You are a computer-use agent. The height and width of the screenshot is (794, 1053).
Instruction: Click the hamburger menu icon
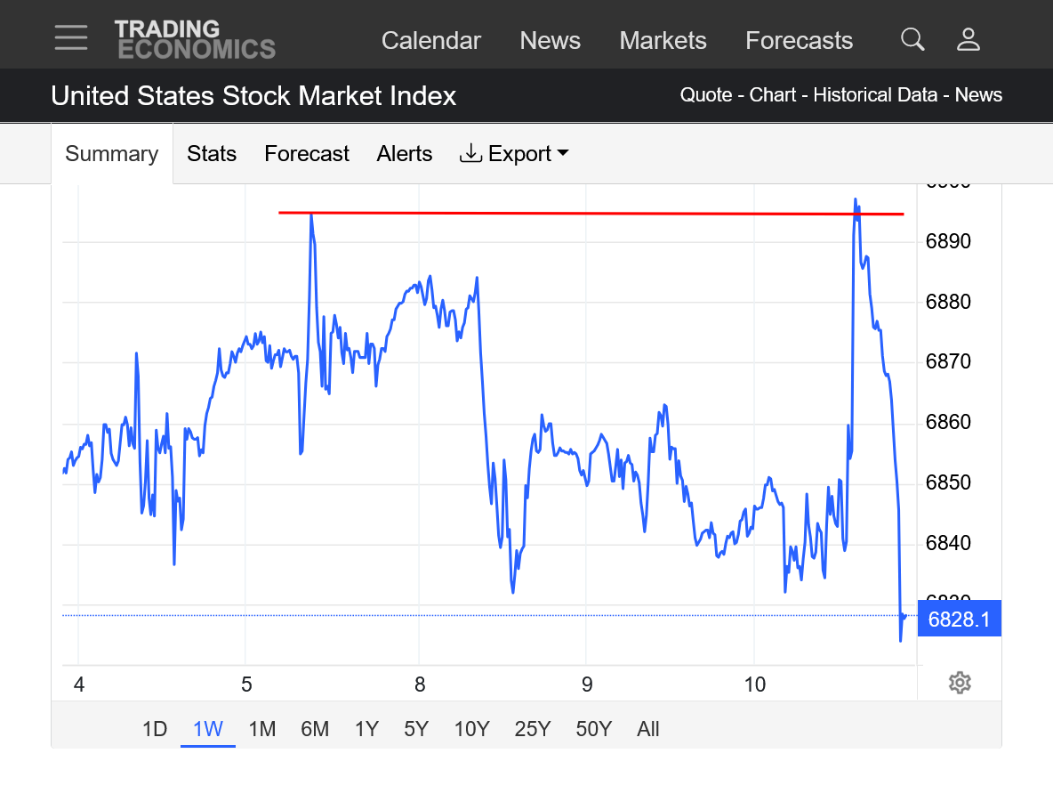[x=70, y=37]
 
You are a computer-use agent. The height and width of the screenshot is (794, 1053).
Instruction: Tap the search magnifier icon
[x=912, y=39]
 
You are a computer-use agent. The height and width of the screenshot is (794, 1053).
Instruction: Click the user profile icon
[x=968, y=39]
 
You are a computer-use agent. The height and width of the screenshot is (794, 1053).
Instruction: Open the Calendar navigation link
[x=430, y=41]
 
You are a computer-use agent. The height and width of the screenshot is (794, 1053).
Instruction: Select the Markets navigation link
[x=663, y=41]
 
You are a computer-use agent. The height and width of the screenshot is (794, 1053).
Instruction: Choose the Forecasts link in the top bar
[x=799, y=41]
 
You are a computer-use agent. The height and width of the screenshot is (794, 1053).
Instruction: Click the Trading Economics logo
[x=195, y=40]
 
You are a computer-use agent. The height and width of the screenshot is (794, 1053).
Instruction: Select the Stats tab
[x=212, y=154]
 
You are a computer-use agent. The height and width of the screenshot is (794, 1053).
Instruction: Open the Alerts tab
[x=404, y=154]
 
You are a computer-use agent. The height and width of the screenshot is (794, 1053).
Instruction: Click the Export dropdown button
[x=514, y=154]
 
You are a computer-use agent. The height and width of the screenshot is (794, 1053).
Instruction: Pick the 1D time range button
[x=155, y=729]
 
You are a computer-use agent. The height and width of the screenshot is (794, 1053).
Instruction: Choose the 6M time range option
[x=315, y=729]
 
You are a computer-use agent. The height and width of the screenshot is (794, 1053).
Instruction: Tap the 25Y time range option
[x=532, y=729]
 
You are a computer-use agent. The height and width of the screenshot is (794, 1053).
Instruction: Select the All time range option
[x=648, y=729]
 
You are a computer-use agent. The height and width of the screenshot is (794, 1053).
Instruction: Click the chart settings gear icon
[x=959, y=683]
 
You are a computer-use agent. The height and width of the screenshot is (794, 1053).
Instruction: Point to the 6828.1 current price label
[x=959, y=619]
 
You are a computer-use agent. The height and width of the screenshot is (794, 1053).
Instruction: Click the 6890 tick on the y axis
[x=948, y=241]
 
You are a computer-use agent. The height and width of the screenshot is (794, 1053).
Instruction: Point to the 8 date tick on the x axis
[x=420, y=685]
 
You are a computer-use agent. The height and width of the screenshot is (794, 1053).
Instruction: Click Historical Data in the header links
[x=875, y=95]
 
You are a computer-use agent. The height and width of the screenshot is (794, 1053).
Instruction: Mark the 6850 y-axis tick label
[x=948, y=482]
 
